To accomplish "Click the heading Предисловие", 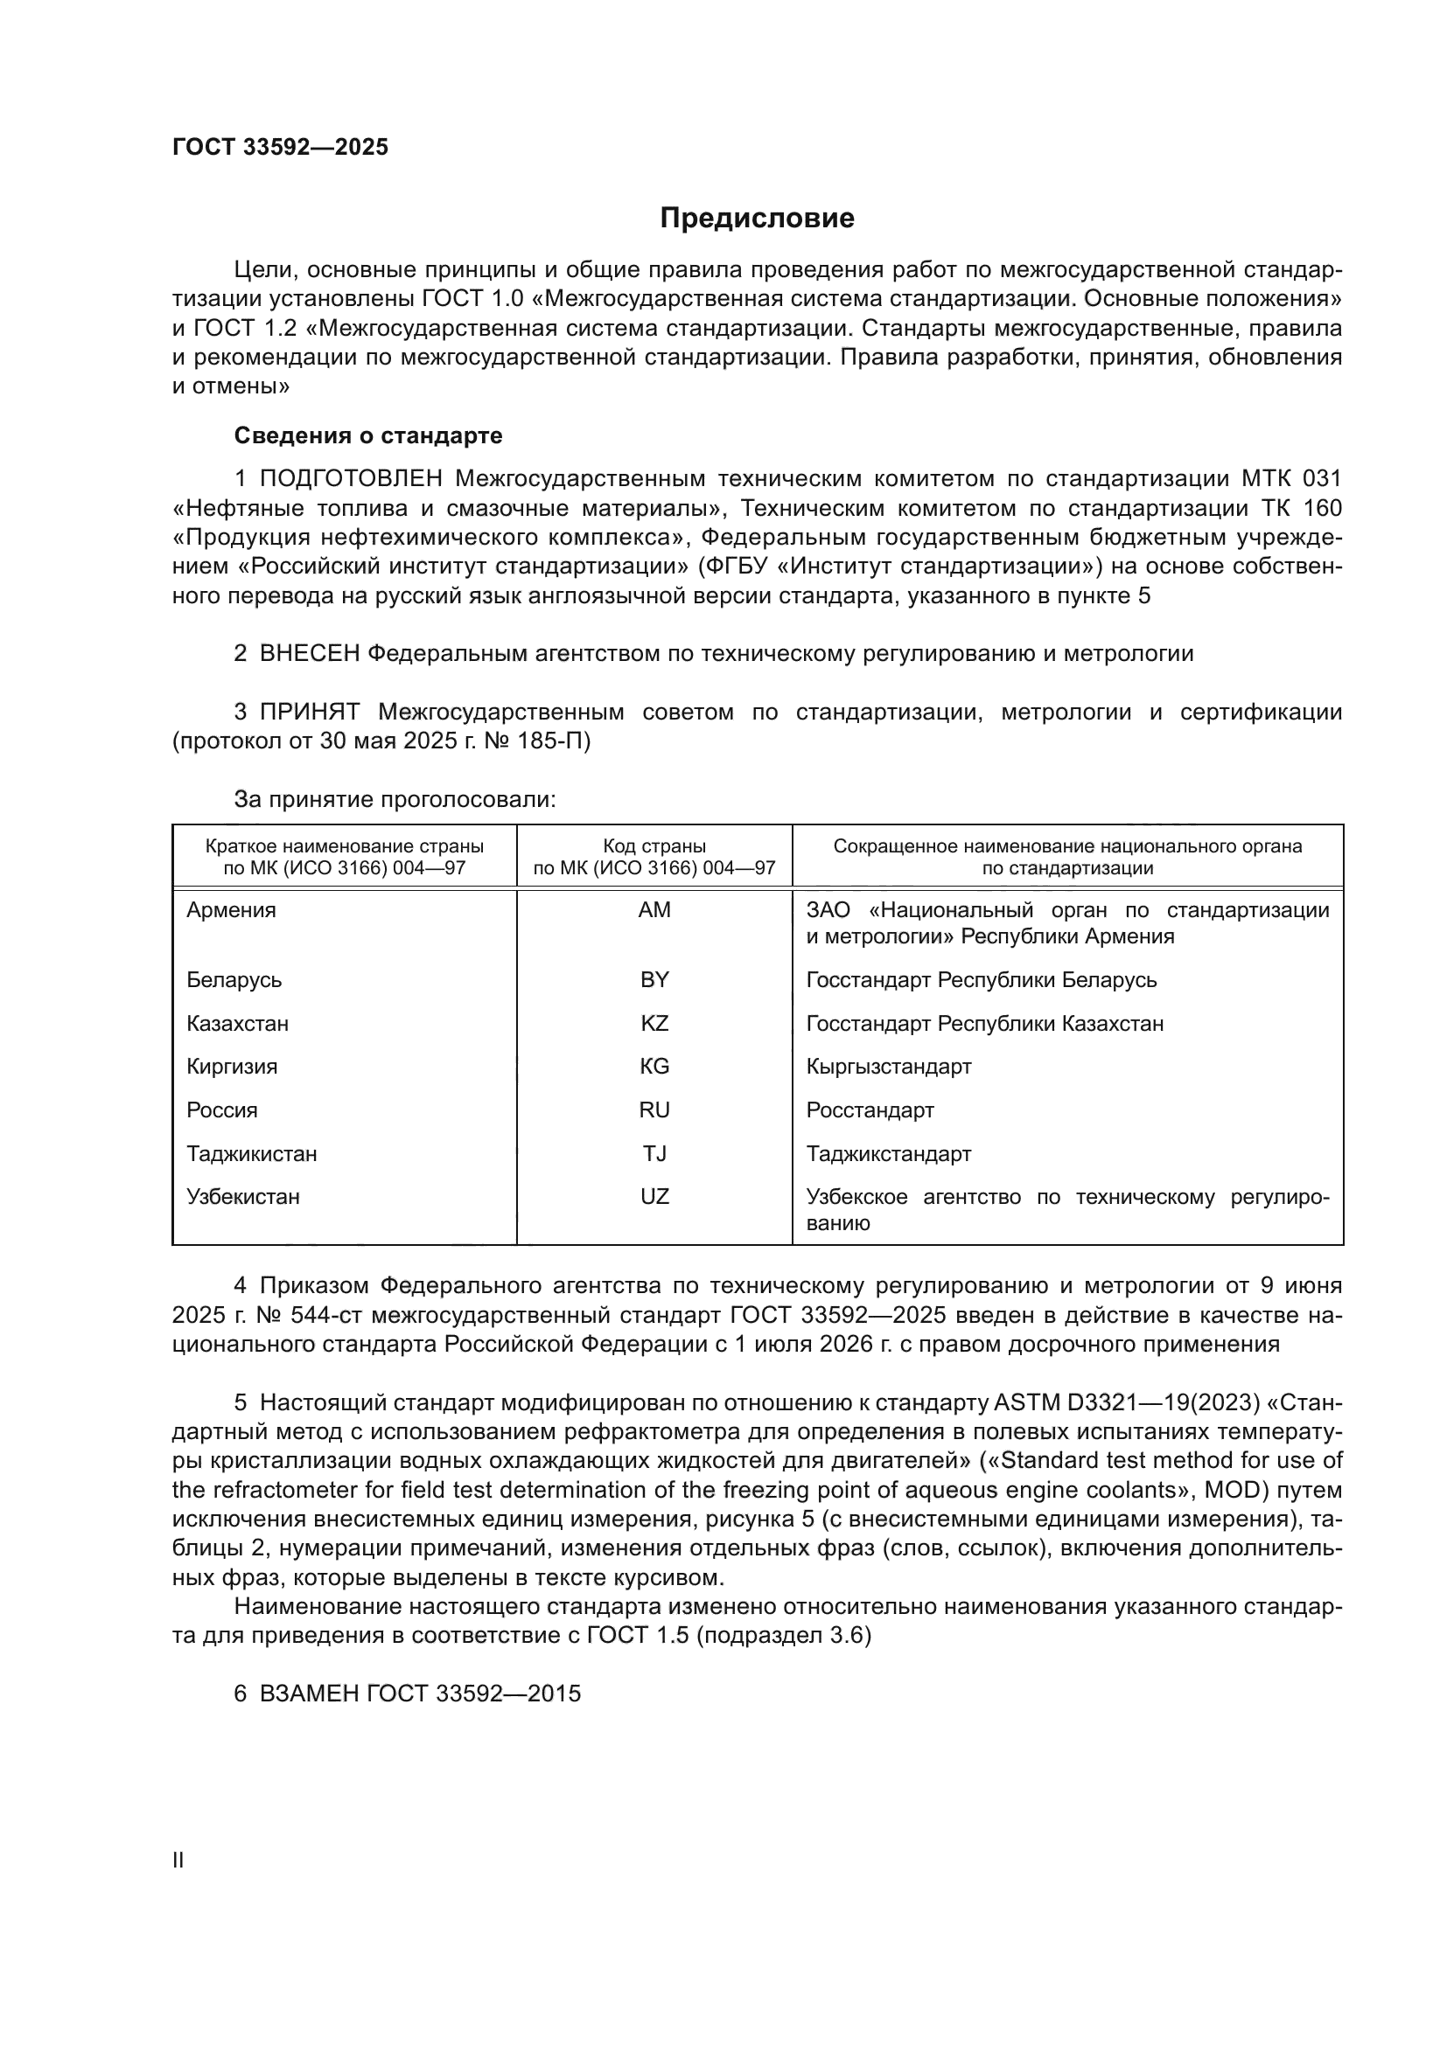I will tap(757, 219).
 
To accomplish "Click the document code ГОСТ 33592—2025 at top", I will tap(281, 147).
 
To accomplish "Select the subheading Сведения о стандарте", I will tap(368, 435).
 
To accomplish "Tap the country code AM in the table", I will tap(654, 910).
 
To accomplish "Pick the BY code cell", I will tap(654, 980).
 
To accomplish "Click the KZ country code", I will tap(654, 1024).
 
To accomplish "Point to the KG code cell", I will tap(654, 1066).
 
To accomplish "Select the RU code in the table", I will tap(654, 1109).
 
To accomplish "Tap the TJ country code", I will tap(654, 1153).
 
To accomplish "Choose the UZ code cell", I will tap(654, 1196).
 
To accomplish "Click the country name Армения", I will tap(231, 910).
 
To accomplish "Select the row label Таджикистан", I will tap(251, 1153).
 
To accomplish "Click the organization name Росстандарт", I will tap(870, 1109).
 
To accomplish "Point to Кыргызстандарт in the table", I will tap(888, 1066).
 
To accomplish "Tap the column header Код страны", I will tap(654, 846).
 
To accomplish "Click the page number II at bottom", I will tap(178, 1860).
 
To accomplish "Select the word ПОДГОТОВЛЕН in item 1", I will tap(350, 479).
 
